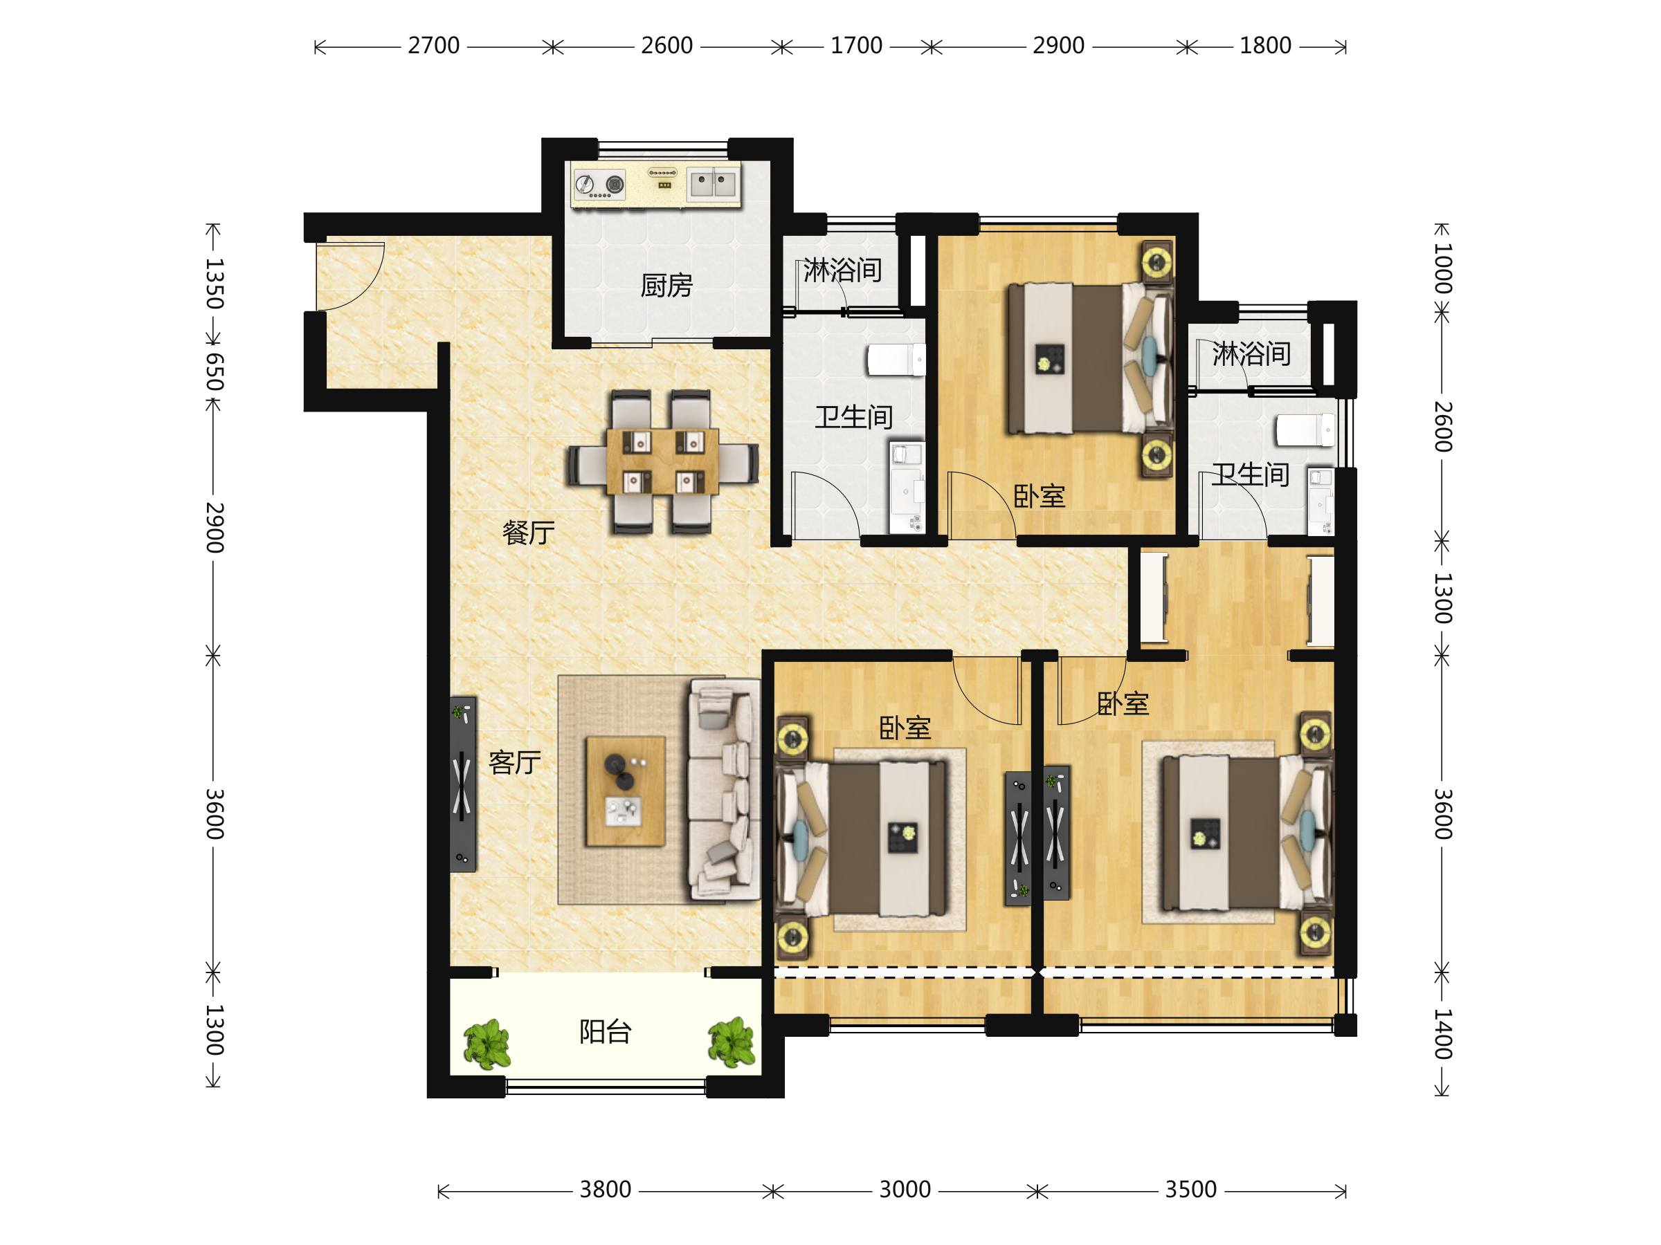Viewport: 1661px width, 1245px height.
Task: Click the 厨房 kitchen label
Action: pos(666,285)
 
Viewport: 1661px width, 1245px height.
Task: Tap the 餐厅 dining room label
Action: pos(528,533)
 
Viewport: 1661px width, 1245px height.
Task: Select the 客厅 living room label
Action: pos(514,762)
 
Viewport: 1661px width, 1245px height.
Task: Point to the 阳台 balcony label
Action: pos(606,1032)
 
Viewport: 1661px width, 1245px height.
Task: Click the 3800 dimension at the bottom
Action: pos(606,1190)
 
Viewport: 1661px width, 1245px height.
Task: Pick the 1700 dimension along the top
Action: pos(856,46)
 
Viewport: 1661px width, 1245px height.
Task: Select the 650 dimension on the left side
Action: pos(215,371)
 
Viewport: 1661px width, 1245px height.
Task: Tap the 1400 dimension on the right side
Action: pos(1442,1033)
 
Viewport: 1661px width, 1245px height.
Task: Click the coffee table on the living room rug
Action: pos(626,792)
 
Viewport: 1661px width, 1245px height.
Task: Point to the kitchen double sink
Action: pos(714,183)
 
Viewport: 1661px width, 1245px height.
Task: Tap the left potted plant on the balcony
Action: pos(487,1044)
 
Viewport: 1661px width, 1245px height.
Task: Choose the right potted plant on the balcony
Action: pos(732,1042)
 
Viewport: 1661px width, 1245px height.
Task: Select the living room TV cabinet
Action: pos(462,784)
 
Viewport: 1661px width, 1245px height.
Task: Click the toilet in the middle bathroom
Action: pos(896,360)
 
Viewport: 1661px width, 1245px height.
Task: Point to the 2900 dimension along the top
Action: pos(1058,46)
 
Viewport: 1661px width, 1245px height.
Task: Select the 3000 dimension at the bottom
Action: pos(905,1190)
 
